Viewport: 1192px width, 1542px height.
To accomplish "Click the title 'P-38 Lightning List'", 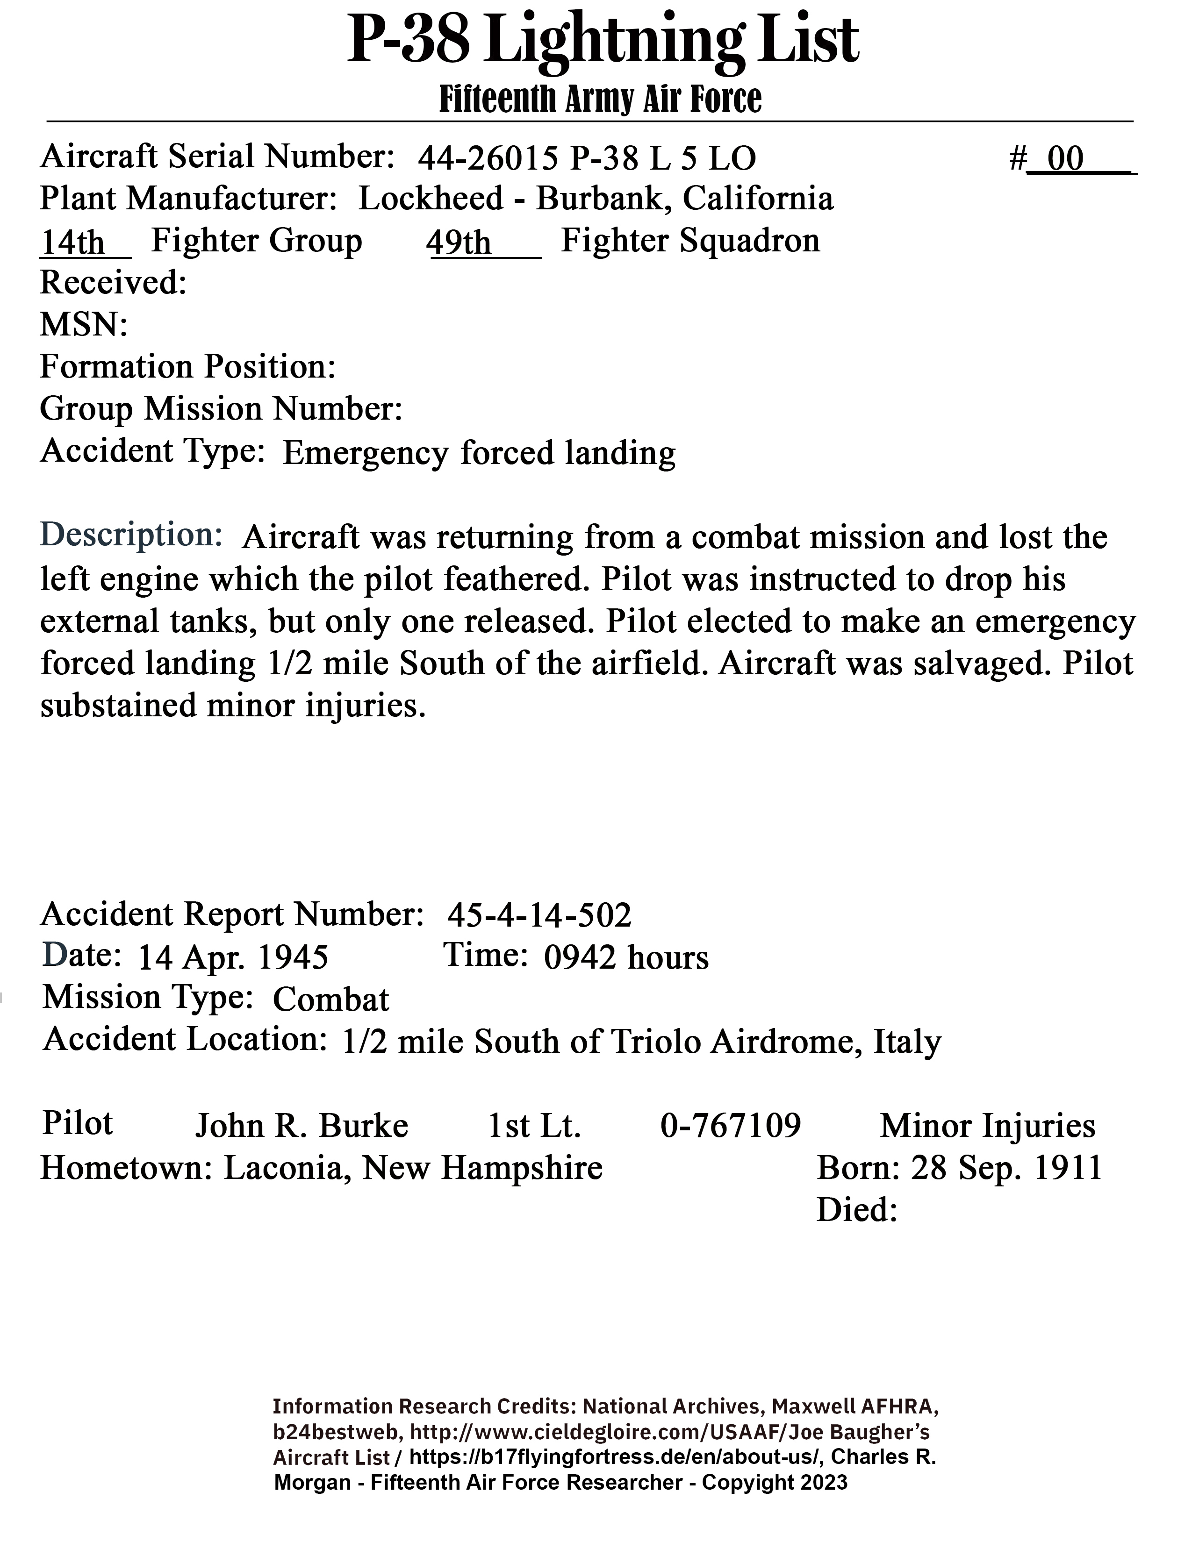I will (x=603, y=41).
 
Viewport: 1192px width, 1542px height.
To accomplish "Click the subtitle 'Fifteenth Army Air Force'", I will (x=600, y=100).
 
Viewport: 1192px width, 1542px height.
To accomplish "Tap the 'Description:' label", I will (x=131, y=535).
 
